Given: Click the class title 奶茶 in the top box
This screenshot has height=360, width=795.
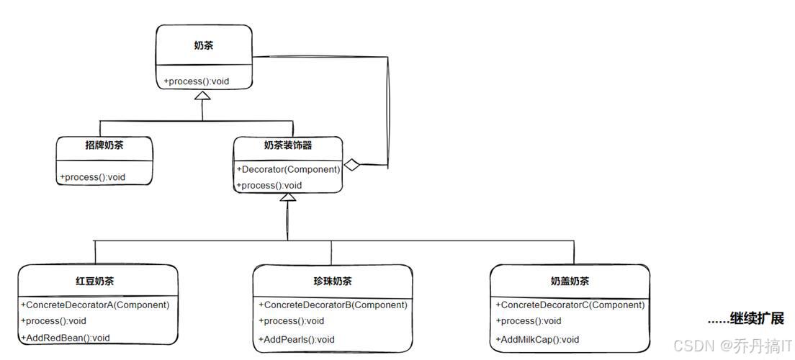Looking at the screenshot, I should coord(203,45).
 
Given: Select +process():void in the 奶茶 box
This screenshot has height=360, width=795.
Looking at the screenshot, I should coord(197,81).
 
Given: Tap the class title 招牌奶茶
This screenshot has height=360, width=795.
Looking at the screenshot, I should coord(104,145).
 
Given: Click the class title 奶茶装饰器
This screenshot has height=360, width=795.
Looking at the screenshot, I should coord(288,145).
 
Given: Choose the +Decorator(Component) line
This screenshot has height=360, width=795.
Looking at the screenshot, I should coord(288,169).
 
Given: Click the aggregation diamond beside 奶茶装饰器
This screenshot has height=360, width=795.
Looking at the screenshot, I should coord(351,165).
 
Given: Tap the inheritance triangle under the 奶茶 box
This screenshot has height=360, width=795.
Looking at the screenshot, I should coord(203,95).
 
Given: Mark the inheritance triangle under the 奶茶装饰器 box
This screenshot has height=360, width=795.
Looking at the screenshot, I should coord(288,197).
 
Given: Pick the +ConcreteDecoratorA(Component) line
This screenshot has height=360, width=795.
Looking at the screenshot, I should coord(95,305).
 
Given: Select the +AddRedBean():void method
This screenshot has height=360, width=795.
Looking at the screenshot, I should coord(66,338).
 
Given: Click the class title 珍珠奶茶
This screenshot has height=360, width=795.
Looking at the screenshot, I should coord(333,281).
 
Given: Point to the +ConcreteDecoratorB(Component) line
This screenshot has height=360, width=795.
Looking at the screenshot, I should coord(333,305).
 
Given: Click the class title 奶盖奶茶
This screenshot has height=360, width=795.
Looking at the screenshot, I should coord(569,281).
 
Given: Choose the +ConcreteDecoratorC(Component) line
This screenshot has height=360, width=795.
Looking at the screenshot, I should coord(570,305).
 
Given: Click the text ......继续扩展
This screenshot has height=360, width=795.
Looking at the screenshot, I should coord(745,318).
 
